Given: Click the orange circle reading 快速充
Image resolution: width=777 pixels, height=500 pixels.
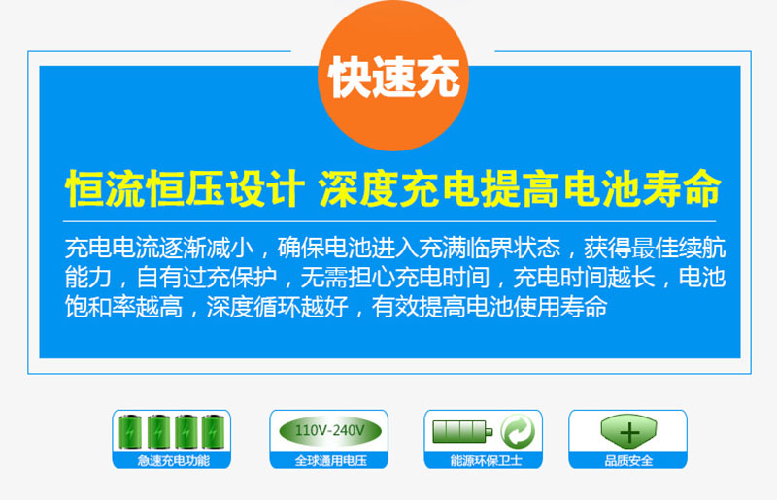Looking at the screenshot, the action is coord(393,76).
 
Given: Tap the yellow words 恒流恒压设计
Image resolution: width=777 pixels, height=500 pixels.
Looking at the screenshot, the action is coord(184,188).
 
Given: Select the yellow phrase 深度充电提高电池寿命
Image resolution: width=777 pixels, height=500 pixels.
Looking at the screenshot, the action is coord(520,188).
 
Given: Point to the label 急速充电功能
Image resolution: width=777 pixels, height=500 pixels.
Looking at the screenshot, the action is coord(173,461).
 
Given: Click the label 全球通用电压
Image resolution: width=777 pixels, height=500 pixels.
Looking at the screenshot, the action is coord(330,461).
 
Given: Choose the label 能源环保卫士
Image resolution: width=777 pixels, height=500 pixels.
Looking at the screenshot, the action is coord(486,461).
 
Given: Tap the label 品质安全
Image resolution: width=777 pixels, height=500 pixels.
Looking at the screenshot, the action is coord(628,461).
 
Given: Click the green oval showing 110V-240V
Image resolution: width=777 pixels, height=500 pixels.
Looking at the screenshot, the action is coord(330,430).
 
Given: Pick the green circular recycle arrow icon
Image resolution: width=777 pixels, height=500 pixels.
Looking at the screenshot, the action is coord(518,431).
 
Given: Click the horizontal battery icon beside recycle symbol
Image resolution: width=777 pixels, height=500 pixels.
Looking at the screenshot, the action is coord(462,431).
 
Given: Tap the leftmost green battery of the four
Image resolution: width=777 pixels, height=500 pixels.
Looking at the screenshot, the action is coord(130,432).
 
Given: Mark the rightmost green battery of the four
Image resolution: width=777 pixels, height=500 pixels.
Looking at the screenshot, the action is coord(213,432).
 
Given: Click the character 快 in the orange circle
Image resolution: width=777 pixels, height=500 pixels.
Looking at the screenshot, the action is coord(350,77).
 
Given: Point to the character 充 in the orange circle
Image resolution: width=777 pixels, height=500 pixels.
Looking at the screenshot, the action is coord(438,77).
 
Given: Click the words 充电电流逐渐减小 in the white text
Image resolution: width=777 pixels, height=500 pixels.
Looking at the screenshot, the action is coord(159,249).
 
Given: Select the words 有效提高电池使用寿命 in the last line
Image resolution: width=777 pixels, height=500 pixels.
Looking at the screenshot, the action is coord(490,307).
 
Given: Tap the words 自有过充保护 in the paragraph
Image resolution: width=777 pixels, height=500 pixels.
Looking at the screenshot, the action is coord(206,278).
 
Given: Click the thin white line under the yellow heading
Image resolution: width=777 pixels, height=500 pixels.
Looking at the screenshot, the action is coord(389,221).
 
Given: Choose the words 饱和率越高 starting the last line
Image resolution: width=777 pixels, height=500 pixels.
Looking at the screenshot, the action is coord(124,307).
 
